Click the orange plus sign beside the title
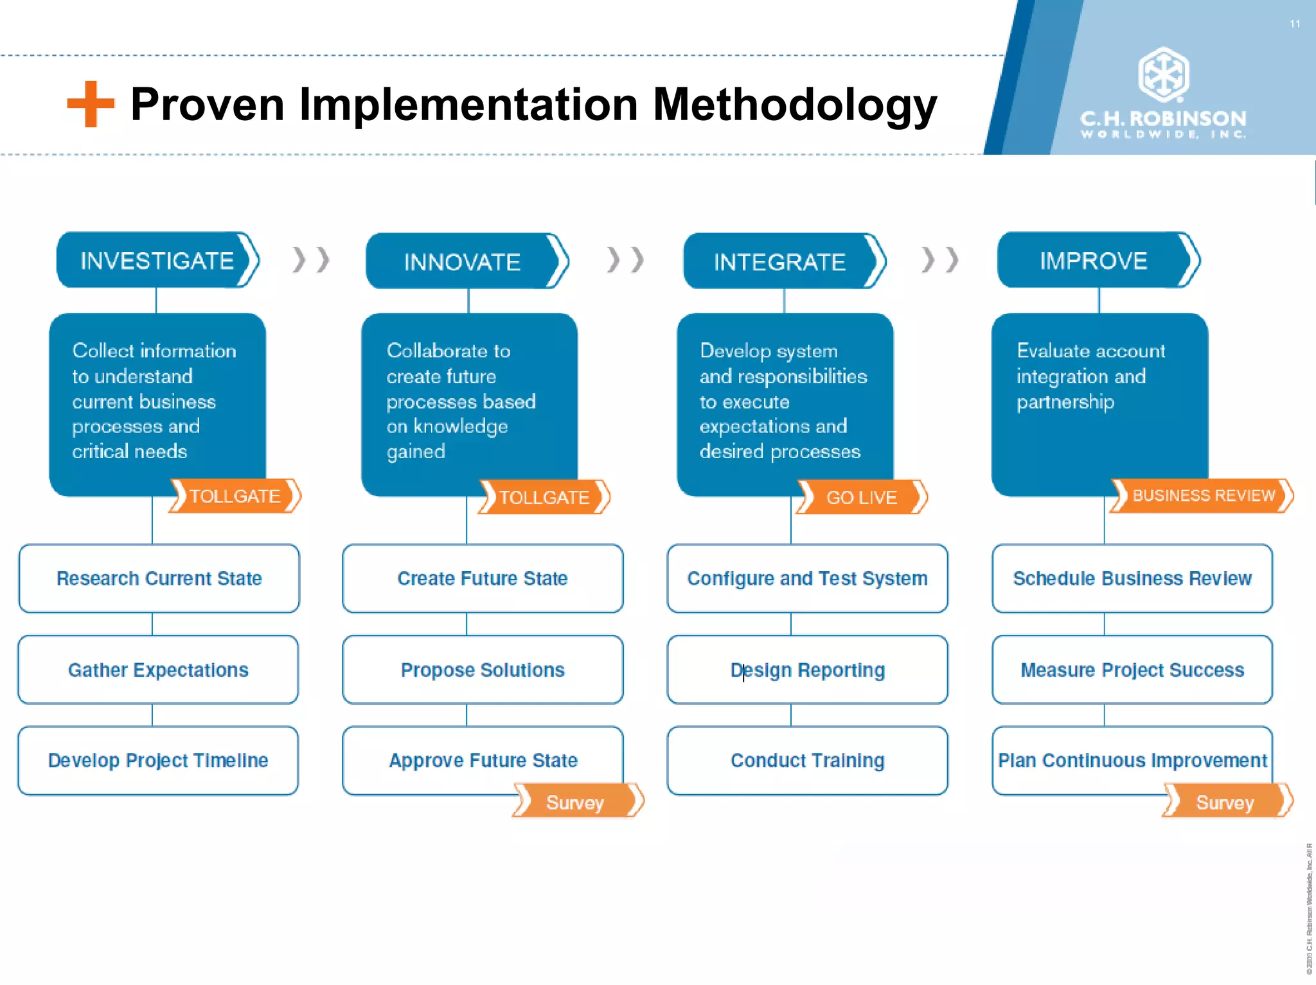click(x=91, y=104)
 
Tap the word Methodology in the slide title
click(x=794, y=105)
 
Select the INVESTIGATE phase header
click(x=157, y=260)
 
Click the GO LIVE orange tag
click(x=862, y=497)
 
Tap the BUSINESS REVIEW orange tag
click(x=1202, y=496)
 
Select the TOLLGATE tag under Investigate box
click(x=235, y=496)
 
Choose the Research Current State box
click(x=159, y=578)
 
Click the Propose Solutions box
click(x=483, y=670)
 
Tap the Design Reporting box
click(x=807, y=670)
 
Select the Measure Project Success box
click(x=1132, y=670)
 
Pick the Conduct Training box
click(x=807, y=760)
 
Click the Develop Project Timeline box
click(x=158, y=760)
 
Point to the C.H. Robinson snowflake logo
click(x=1163, y=75)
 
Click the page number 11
click(x=1295, y=24)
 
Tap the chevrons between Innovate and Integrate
click(x=625, y=260)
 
